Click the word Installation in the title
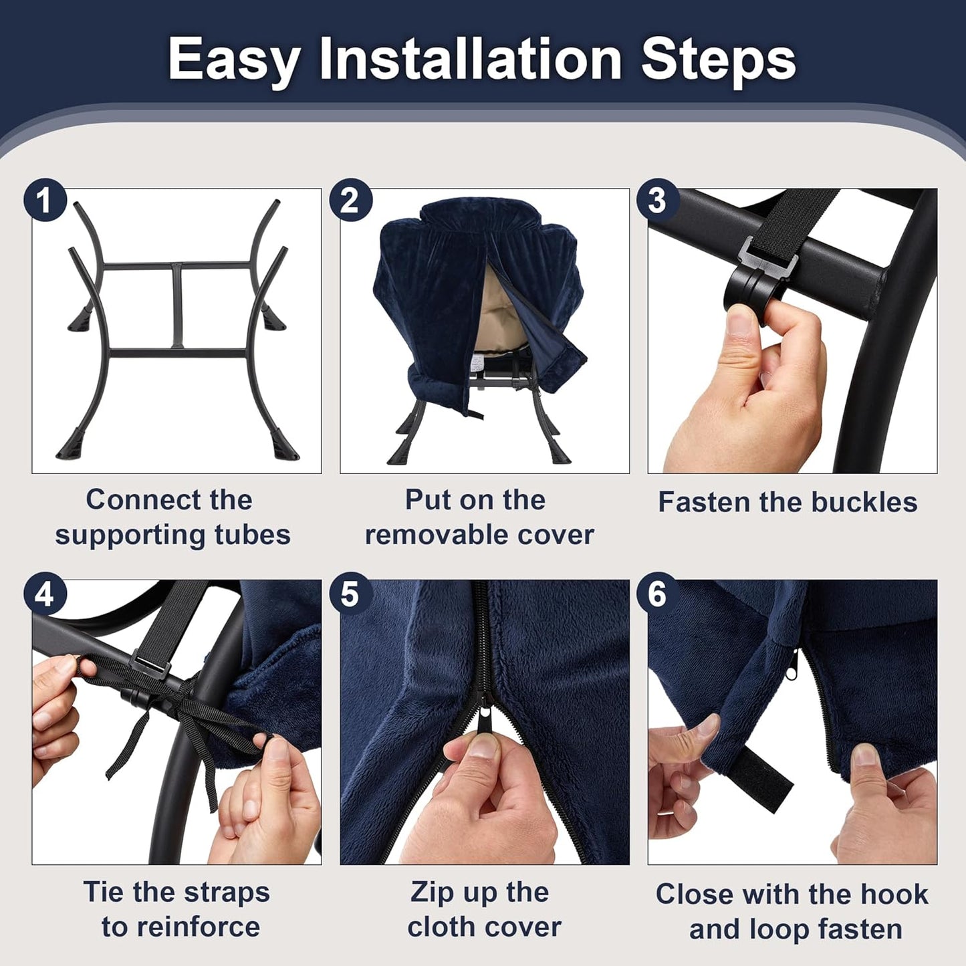(470, 59)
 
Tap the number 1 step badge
(45, 199)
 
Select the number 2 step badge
(350, 199)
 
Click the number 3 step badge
(657, 199)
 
